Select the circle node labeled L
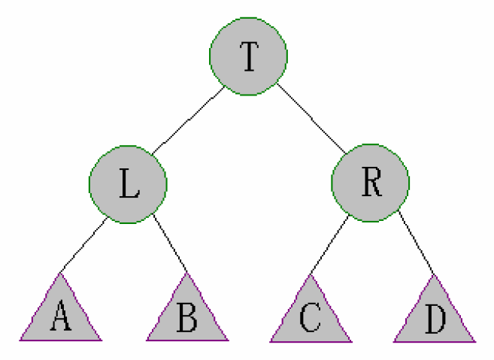128,184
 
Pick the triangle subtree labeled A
62,316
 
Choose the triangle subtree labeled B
187,316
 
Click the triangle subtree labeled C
310,316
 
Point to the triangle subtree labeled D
434,316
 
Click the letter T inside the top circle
248,57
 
